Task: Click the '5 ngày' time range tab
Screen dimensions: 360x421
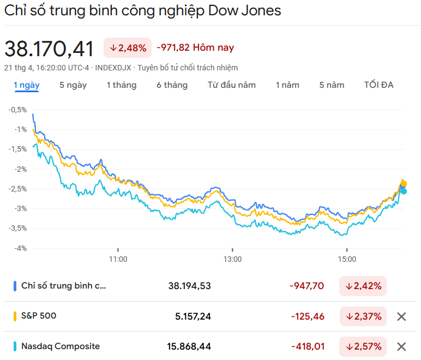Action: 73,85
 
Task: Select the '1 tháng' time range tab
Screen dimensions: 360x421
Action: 122,85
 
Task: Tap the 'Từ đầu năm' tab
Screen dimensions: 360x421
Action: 232,85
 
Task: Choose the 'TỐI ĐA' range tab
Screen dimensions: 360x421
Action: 379,85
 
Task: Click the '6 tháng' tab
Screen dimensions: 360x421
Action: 172,85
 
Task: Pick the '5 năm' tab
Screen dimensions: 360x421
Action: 332,85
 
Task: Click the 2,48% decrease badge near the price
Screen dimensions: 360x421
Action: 128,48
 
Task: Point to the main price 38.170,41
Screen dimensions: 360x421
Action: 50,49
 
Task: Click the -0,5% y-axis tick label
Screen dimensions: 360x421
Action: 17,110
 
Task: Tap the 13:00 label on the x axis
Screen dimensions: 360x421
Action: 232,259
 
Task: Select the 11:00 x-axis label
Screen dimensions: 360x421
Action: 118,259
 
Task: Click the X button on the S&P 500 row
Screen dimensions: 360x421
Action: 401,316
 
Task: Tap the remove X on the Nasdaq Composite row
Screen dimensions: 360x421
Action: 401,346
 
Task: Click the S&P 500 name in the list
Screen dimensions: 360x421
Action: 39,316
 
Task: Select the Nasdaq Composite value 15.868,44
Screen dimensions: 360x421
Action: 189,346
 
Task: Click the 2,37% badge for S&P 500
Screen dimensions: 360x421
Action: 363,316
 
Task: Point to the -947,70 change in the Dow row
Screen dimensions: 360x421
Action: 306,286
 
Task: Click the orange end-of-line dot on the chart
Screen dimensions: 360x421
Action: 404,184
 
